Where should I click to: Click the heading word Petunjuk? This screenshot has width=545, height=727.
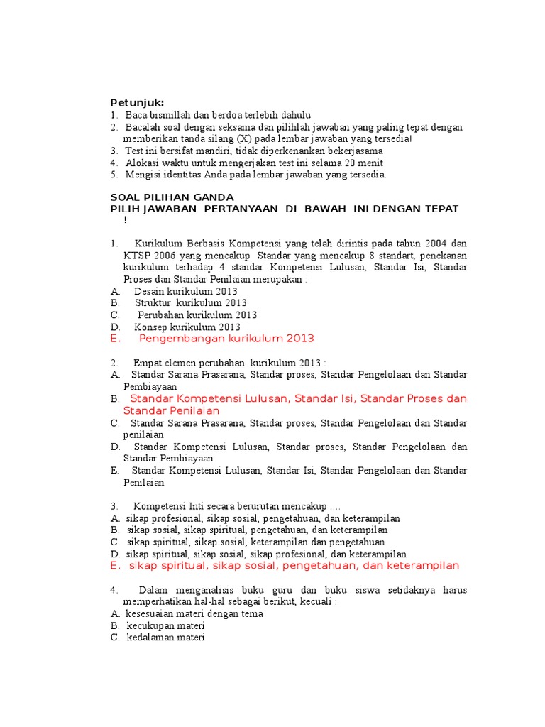[x=137, y=103]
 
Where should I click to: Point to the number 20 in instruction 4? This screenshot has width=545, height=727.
[x=325, y=163]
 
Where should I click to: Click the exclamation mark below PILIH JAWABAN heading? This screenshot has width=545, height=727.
[x=126, y=219]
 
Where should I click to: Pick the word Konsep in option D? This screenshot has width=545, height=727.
[x=149, y=327]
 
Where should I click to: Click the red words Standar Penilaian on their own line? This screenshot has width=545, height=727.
[x=171, y=411]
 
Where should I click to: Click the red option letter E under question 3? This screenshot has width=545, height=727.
[x=114, y=566]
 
